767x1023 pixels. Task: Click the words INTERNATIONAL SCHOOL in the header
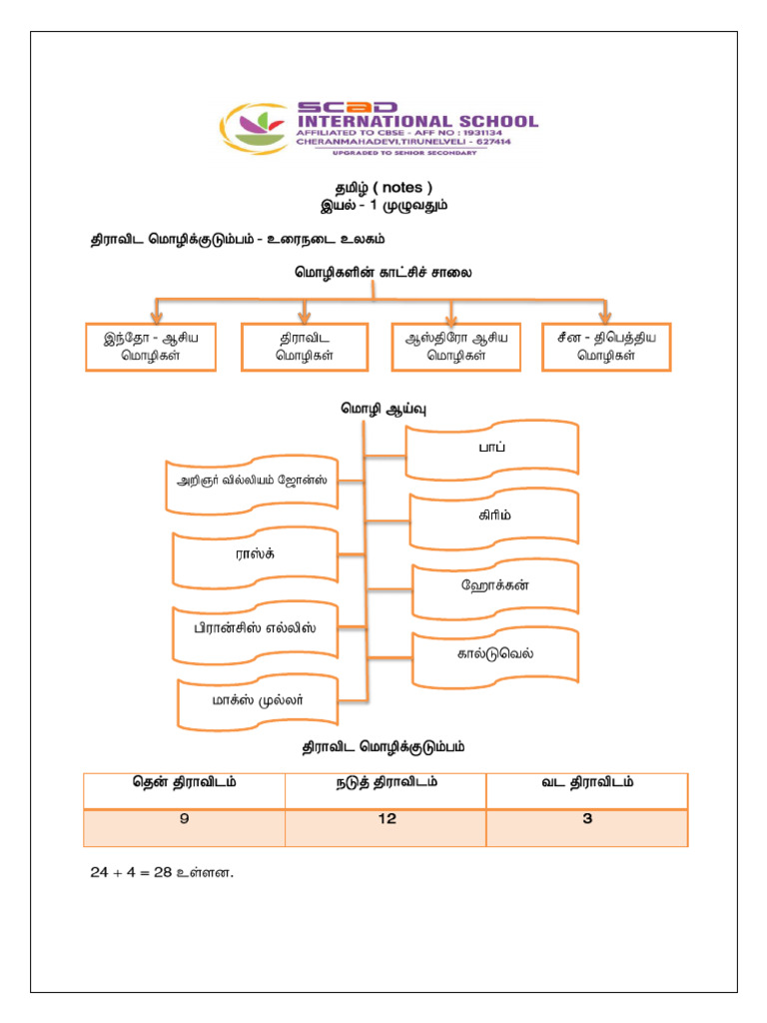click(417, 121)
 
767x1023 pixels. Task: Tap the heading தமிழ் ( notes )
click(383, 187)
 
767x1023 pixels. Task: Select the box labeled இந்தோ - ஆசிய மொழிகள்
click(151, 347)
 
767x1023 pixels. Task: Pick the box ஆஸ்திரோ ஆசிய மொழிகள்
click(456, 347)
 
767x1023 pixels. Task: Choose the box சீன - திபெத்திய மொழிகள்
click(606, 347)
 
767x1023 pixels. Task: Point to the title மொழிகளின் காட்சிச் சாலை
click(383, 272)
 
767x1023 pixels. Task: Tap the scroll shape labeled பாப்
click(493, 449)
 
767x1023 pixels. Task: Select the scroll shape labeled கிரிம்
click(493, 516)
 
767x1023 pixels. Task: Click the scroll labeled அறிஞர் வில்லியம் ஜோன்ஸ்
click(252, 481)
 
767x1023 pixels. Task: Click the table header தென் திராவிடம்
click(185, 783)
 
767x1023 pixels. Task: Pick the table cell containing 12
click(386, 819)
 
